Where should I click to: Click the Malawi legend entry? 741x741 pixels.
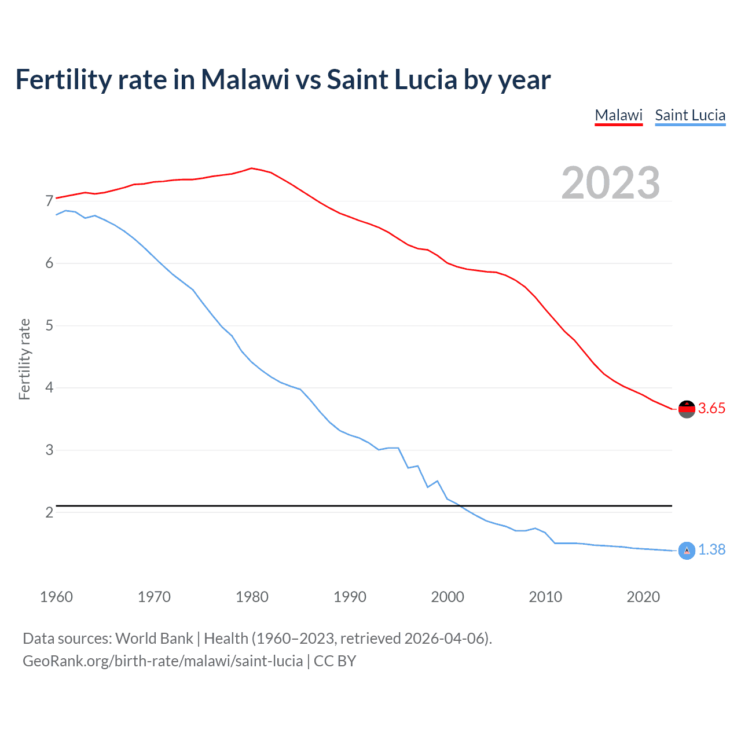[x=618, y=115]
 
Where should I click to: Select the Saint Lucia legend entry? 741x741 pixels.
[x=690, y=115]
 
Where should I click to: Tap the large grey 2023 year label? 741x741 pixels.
[x=610, y=183]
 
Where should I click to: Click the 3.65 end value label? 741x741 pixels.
[x=711, y=409]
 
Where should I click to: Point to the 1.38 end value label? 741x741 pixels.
[x=711, y=550]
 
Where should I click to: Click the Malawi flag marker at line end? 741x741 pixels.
[x=687, y=409]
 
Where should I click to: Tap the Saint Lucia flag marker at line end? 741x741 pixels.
[x=687, y=551]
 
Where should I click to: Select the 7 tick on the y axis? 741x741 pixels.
[x=49, y=201]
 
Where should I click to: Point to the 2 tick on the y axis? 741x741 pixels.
[x=49, y=512]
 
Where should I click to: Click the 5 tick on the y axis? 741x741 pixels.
[x=49, y=326]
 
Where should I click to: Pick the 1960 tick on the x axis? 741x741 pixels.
[x=56, y=597]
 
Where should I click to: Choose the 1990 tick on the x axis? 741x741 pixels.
[x=350, y=597]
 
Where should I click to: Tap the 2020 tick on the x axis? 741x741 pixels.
[x=643, y=597]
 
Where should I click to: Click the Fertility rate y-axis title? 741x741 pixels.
[x=24, y=359]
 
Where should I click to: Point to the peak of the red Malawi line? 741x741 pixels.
[x=251, y=168]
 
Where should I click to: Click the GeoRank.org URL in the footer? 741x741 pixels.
[x=163, y=661]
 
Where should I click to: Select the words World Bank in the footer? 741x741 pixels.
[x=154, y=639]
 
